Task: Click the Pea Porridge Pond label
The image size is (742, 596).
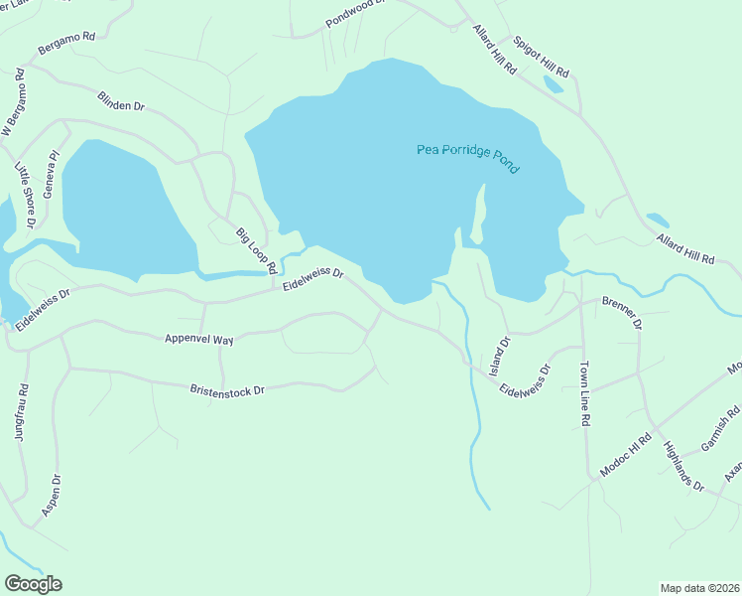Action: [x=466, y=159]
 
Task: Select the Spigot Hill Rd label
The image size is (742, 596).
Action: [x=541, y=58]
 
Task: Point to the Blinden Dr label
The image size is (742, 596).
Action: [x=121, y=101]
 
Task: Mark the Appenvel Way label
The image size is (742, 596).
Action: [x=199, y=340]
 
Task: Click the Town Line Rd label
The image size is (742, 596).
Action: [x=585, y=394]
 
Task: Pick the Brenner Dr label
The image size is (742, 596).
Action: [x=622, y=311]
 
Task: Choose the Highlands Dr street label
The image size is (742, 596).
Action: [x=682, y=467]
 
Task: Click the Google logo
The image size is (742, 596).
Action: [x=33, y=584]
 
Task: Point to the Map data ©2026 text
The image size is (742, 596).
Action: [x=698, y=587]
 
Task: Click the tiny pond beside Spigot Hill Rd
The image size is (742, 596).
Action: [x=553, y=84]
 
